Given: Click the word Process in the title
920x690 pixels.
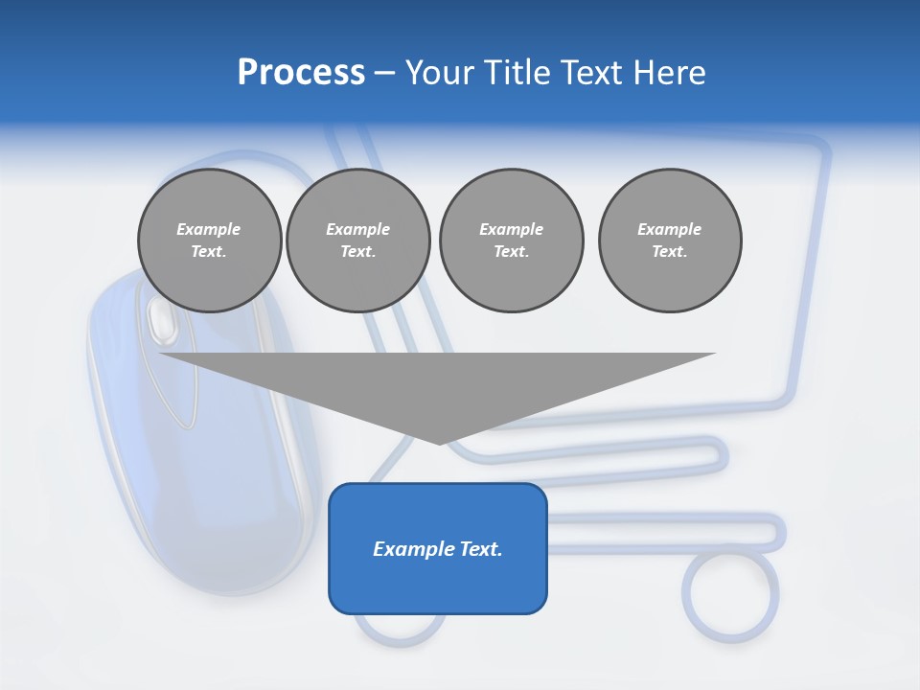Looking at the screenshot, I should [301, 73].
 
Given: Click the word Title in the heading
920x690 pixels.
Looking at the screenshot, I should [516, 73].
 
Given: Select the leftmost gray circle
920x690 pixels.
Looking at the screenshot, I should [209, 241].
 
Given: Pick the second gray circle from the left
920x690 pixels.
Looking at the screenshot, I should [357, 241].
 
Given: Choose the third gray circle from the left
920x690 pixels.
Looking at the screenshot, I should [511, 241].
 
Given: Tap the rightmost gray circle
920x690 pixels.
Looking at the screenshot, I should [669, 241].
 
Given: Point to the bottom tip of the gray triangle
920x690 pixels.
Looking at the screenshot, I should [439, 443].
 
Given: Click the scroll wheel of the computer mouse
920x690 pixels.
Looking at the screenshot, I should [161, 320].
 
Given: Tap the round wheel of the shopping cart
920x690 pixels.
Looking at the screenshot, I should [730, 593].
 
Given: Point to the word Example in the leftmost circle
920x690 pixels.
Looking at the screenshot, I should [209, 229].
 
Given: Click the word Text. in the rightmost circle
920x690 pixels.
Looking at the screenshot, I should [669, 252].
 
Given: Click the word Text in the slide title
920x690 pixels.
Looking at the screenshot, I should [588, 73].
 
